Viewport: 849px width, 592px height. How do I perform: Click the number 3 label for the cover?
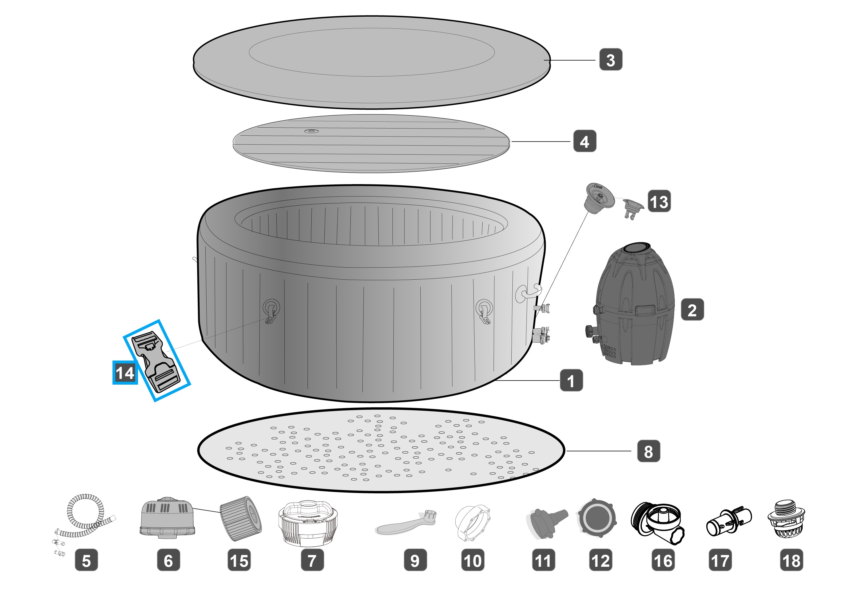click(x=611, y=59)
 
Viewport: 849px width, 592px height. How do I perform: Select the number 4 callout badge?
click(x=585, y=141)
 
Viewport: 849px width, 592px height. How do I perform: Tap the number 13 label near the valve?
click(x=659, y=201)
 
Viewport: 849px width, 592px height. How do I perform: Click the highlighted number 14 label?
click(x=125, y=373)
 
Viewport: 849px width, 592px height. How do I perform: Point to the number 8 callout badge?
click(x=648, y=451)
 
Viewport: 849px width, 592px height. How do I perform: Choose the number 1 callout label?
click(x=571, y=380)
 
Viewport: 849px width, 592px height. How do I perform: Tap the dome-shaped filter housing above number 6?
click(x=168, y=517)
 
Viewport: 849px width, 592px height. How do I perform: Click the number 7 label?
click(x=312, y=560)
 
